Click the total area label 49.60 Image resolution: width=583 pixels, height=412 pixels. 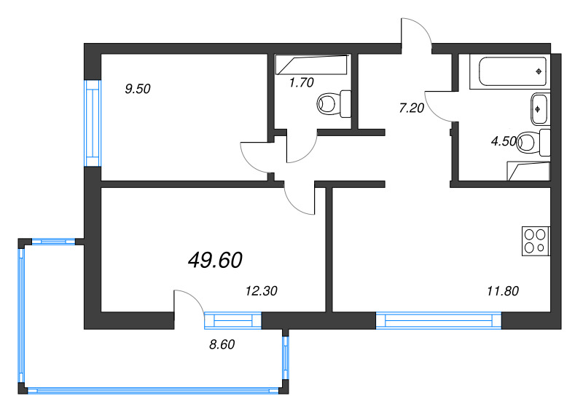(x=215, y=260)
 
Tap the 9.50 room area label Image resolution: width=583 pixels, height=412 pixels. (x=137, y=90)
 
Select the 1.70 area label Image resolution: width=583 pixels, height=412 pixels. (x=301, y=83)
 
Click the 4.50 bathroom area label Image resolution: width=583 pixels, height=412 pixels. (x=504, y=141)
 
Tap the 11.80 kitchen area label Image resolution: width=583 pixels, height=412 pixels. (x=502, y=291)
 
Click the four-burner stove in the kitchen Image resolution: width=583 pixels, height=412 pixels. (x=536, y=241)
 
